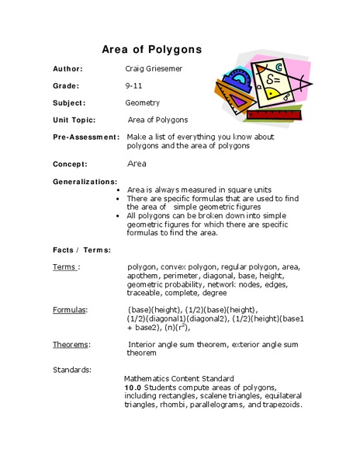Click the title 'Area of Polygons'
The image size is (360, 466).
152,49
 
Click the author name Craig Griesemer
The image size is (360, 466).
156,68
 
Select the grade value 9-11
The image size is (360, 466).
133,85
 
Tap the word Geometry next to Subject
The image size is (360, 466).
143,103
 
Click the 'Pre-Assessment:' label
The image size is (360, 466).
86,137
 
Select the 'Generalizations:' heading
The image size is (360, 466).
85,180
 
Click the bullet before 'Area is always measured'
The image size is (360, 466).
116,190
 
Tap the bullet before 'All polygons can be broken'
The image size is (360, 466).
116,215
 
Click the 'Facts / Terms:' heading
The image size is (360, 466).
81,250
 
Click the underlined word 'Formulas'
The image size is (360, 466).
69,309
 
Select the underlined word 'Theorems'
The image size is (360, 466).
71,343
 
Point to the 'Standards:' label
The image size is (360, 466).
72,369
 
